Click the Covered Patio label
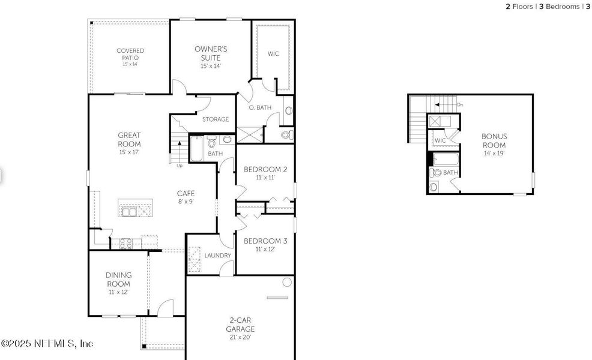click(130, 54)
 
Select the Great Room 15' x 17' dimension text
click(129, 152)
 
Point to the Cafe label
click(186, 193)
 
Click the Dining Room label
click(119, 279)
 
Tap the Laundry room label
click(217, 256)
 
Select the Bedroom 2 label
click(265, 169)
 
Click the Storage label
click(215, 119)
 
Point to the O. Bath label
click(260, 107)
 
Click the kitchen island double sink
click(128, 211)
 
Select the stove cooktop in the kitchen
click(125, 243)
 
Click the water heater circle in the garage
click(287, 281)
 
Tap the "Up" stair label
click(179, 166)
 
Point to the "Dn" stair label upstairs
click(460, 105)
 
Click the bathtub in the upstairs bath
click(445, 160)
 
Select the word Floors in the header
click(522, 7)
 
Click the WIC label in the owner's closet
click(273, 54)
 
